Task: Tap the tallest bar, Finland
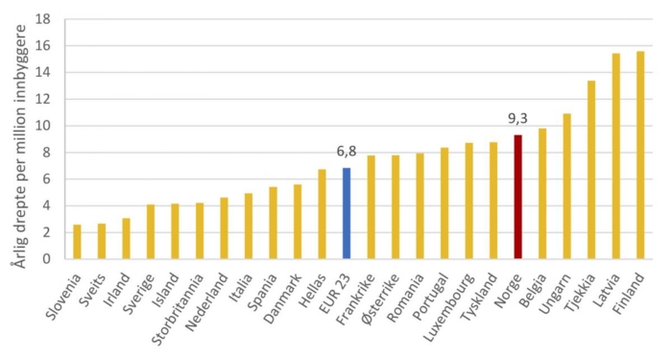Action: (640, 155)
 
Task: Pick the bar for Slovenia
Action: (78, 241)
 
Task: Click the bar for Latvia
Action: (616, 156)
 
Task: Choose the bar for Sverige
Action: (151, 231)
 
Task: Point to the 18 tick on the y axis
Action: (45, 19)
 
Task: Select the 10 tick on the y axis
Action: (45, 126)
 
